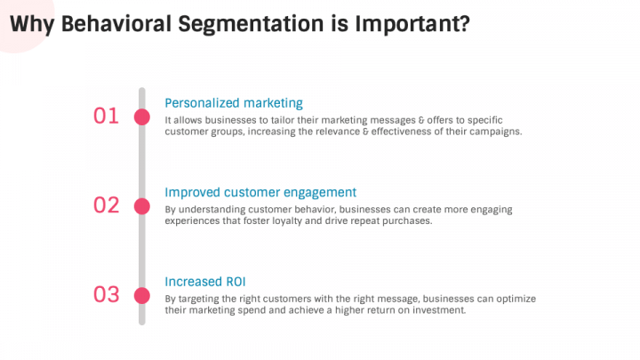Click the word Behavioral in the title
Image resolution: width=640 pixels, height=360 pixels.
tap(116, 24)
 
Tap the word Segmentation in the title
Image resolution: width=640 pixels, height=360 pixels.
tap(251, 25)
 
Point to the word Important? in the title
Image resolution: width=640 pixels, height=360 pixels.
tap(412, 25)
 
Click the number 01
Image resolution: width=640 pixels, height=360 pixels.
tap(106, 116)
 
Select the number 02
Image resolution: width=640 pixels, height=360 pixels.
tap(106, 205)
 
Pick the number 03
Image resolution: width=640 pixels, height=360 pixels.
tap(106, 294)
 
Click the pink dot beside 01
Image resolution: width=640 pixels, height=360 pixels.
tap(142, 117)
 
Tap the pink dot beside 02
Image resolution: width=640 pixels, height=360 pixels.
tap(142, 206)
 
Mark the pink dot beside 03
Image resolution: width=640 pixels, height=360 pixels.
tap(142, 295)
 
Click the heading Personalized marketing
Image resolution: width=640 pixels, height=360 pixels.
tap(234, 103)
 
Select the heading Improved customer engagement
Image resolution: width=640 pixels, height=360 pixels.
tap(260, 193)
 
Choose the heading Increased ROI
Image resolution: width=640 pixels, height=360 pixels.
tap(205, 282)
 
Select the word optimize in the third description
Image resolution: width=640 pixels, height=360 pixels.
tap(516, 300)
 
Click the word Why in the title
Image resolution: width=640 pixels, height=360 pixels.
tap(32, 25)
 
